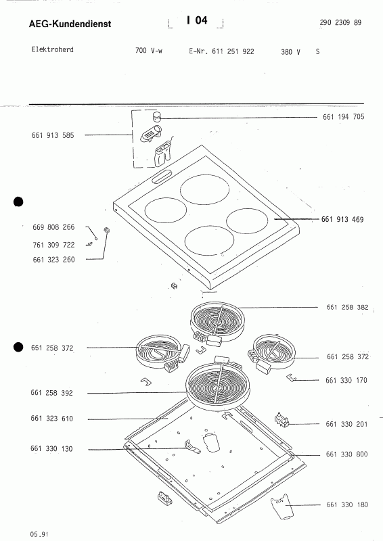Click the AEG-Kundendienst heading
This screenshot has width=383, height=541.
point(70,24)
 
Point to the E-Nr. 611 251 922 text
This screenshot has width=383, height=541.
point(217,51)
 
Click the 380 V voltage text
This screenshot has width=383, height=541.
point(290,51)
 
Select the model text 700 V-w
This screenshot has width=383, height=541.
point(150,51)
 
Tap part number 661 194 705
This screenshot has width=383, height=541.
point(344,117)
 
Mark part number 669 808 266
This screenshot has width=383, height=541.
point(53,227)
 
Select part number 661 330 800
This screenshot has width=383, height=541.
point(346,454)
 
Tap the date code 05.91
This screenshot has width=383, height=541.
point(38,534)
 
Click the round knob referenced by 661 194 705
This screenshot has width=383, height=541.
point(157,118)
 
